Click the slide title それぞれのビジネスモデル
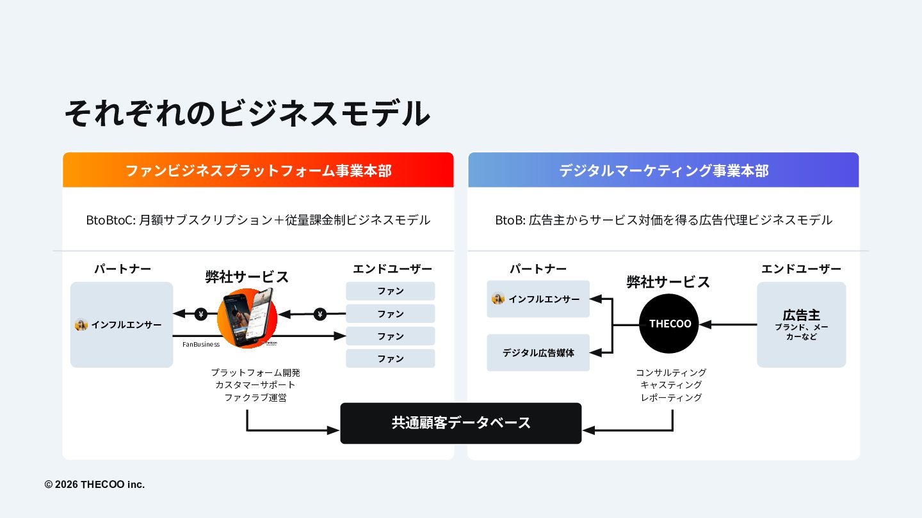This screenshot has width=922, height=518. (247, 114)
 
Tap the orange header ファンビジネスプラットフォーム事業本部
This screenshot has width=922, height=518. (258, 171)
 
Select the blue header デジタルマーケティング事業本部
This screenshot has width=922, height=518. (663, 171)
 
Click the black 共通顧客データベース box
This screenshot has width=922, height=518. (461, 423)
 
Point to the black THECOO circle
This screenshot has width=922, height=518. (669, 324)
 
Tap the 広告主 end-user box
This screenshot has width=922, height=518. (801, 324)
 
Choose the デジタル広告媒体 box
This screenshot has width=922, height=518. (538, 352)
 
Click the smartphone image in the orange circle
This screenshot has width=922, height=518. (252, 317)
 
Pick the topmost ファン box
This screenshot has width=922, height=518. (390, 291)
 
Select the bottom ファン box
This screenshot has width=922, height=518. (390, 359)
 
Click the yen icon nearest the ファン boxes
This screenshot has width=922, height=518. (320, 314)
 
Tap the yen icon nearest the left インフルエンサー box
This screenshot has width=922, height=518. (201, 314)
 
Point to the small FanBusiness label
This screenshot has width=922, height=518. (201, 344)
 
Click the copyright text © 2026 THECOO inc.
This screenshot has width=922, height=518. (95, 485)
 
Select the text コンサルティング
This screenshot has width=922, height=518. (671, 372)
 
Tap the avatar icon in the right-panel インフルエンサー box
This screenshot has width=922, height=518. (498, 299)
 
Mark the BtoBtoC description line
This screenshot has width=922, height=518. (258, 220)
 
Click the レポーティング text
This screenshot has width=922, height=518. (671, 398)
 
